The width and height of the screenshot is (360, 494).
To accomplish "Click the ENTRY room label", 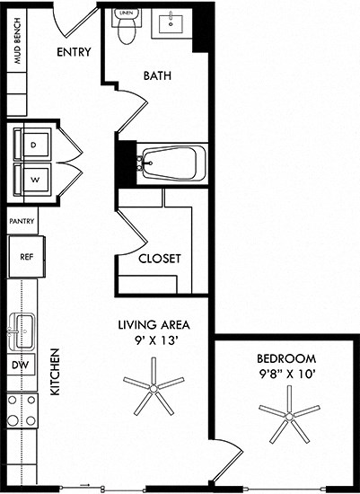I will [x=74, y=52].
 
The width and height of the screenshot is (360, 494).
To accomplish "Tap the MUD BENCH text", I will [x=17, y=55].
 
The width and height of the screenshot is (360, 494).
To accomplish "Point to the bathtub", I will [x=172, y=163].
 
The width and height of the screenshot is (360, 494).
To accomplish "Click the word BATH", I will [x=158, y=76].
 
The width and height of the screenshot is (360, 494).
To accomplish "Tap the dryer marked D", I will [x=34, y=144].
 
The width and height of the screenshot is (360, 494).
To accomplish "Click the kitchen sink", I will [x=23, y=328].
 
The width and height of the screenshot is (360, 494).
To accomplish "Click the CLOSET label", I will [x=160, y=259].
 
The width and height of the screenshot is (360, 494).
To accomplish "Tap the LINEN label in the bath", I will [x=126, y=13].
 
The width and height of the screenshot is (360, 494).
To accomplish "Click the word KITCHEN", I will [x=53, y=372].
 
